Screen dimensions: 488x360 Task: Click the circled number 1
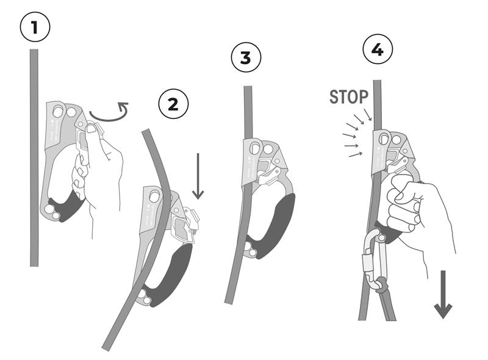pyautogui.click(x=35, y=27)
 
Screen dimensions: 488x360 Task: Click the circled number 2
pyautogui.click(x=173, y=104)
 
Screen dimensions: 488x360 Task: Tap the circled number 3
pyautogui.click(x=246, y=57)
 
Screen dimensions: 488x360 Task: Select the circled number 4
pyautogui.click(x=378, y=49)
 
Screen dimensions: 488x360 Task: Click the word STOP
pyautogui.click(x=348, y=97)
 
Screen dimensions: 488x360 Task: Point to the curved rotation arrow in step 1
pyautogui.click(x=109, y=117)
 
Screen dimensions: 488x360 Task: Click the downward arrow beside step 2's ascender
pyautogui.click(x=198, y=176)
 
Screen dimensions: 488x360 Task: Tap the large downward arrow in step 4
pyautogui.click(x=443, y=294)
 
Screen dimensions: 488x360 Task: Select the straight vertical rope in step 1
pyautogui.click(x=34, y=157)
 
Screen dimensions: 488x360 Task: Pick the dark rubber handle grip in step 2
pyautogui.click(x=172, y=274)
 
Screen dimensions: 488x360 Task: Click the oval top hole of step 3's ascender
pyautogui.click(x=255, y=148)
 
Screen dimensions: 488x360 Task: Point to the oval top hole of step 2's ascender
pyautogui.click(x=155, y=196)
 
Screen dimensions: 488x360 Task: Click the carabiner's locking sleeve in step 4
pyautogui.click(x=367, y=262)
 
